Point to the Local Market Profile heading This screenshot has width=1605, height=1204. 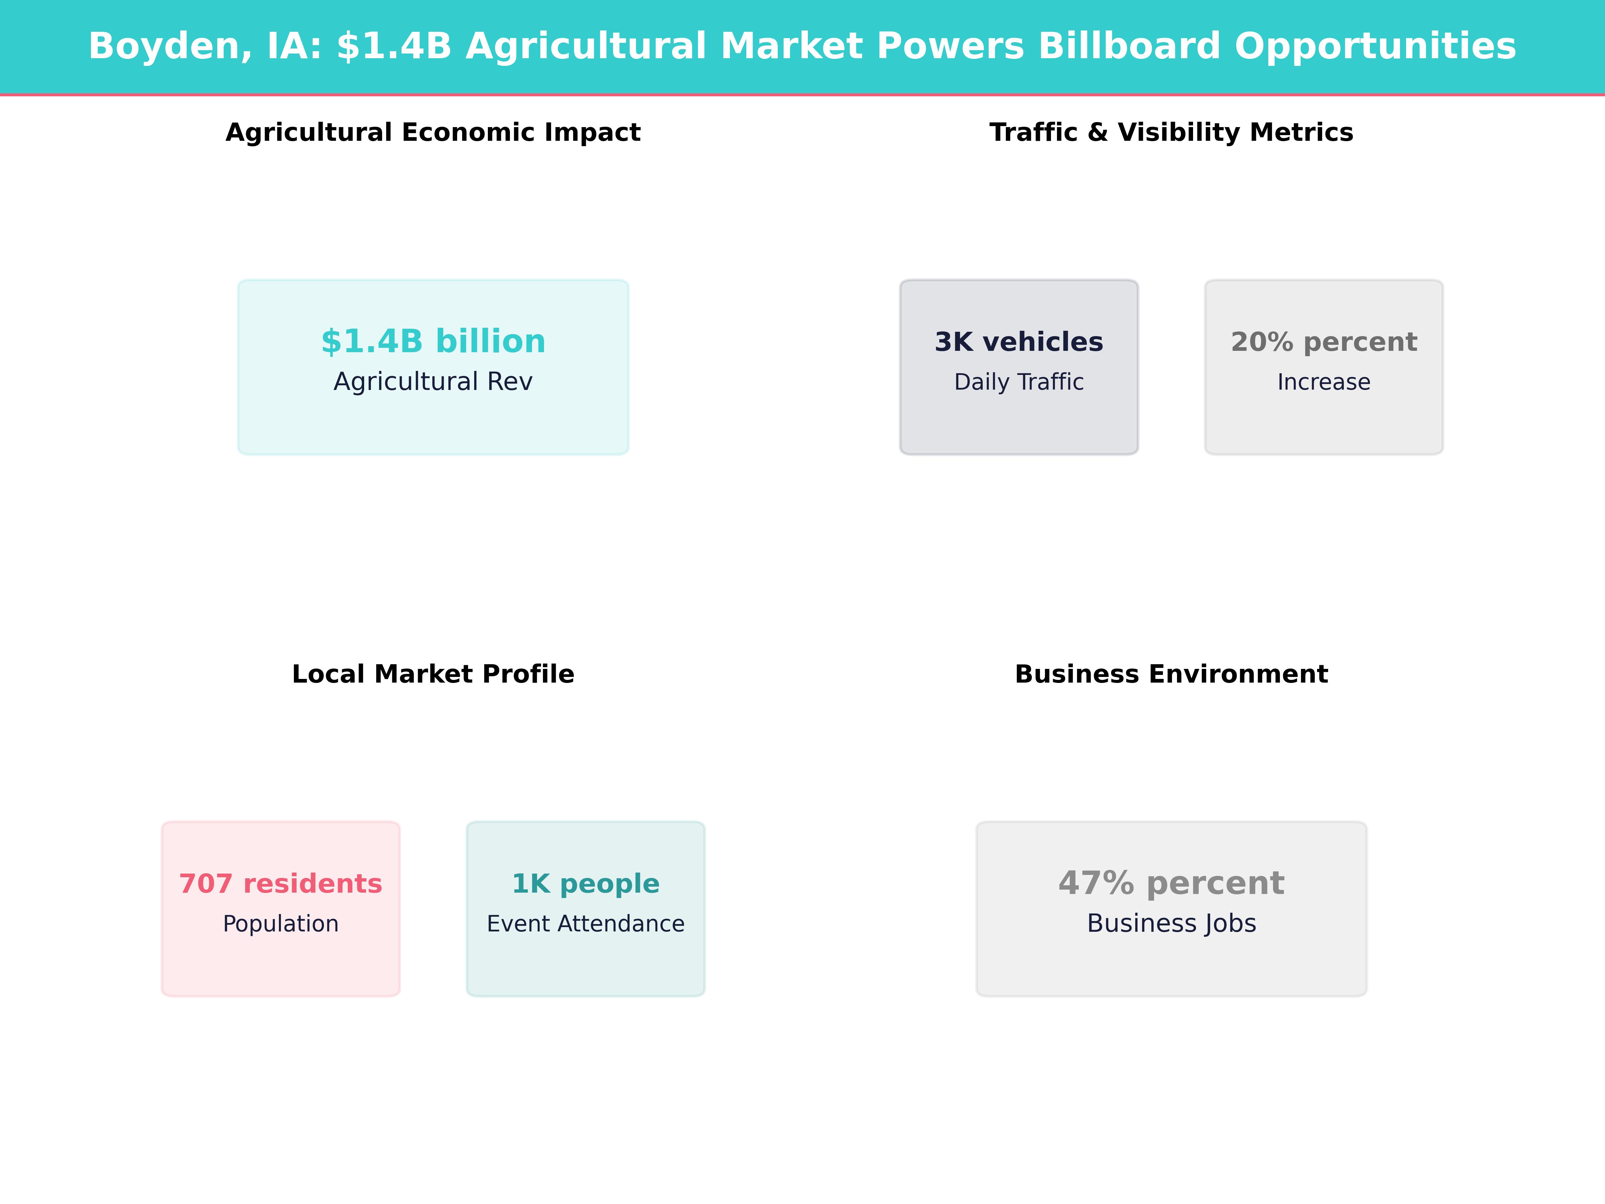pyautogui.click(x=433, y=674)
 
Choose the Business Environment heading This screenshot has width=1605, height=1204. pyautogui.click(x=1171, y=674)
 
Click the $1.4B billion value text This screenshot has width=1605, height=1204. pyautogui.click(x=433, y=341)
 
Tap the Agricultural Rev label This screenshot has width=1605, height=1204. pyautogui.click(x=433, y=382)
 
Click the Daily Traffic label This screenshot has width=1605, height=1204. pyautogui.click(x=1019, y=382)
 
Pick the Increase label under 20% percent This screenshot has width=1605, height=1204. pyautogui.click(x=1323, y=382)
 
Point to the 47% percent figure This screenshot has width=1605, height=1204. pyautogui.click(x=1171, y=883)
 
